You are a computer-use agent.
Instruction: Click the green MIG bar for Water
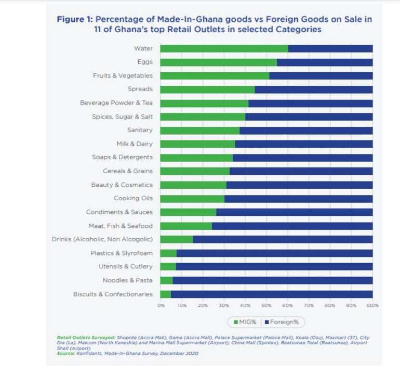coord(224,48)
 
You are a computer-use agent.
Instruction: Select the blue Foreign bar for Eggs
coord(325,62)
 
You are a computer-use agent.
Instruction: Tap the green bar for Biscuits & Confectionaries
coord(166,294)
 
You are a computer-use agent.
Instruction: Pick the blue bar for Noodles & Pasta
coord(273,280)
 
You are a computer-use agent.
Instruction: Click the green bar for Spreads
coord(207,89)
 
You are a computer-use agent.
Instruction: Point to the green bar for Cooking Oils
coord(192,199)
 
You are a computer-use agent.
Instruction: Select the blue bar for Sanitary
coord(306,131)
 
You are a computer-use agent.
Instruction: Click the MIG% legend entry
coord(245,322)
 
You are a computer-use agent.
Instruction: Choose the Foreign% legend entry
coord(282,322)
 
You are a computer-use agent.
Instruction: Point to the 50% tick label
coord(266,305)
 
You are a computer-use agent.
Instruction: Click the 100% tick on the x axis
coord(372,305)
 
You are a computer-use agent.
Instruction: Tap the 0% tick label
coord(161,305)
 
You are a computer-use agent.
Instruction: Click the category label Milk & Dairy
coord(135,144)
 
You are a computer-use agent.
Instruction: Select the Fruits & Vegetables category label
coord(123,75)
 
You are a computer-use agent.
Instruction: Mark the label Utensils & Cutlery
coord(126,266)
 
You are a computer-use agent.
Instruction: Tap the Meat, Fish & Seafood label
coord(121,226)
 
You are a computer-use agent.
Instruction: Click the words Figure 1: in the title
coord(75,19)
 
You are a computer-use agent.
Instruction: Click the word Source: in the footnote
coord(66,354)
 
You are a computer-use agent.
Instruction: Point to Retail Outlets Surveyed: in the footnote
coord(86,338)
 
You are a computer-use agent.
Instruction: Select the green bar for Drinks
coord(177,240)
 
